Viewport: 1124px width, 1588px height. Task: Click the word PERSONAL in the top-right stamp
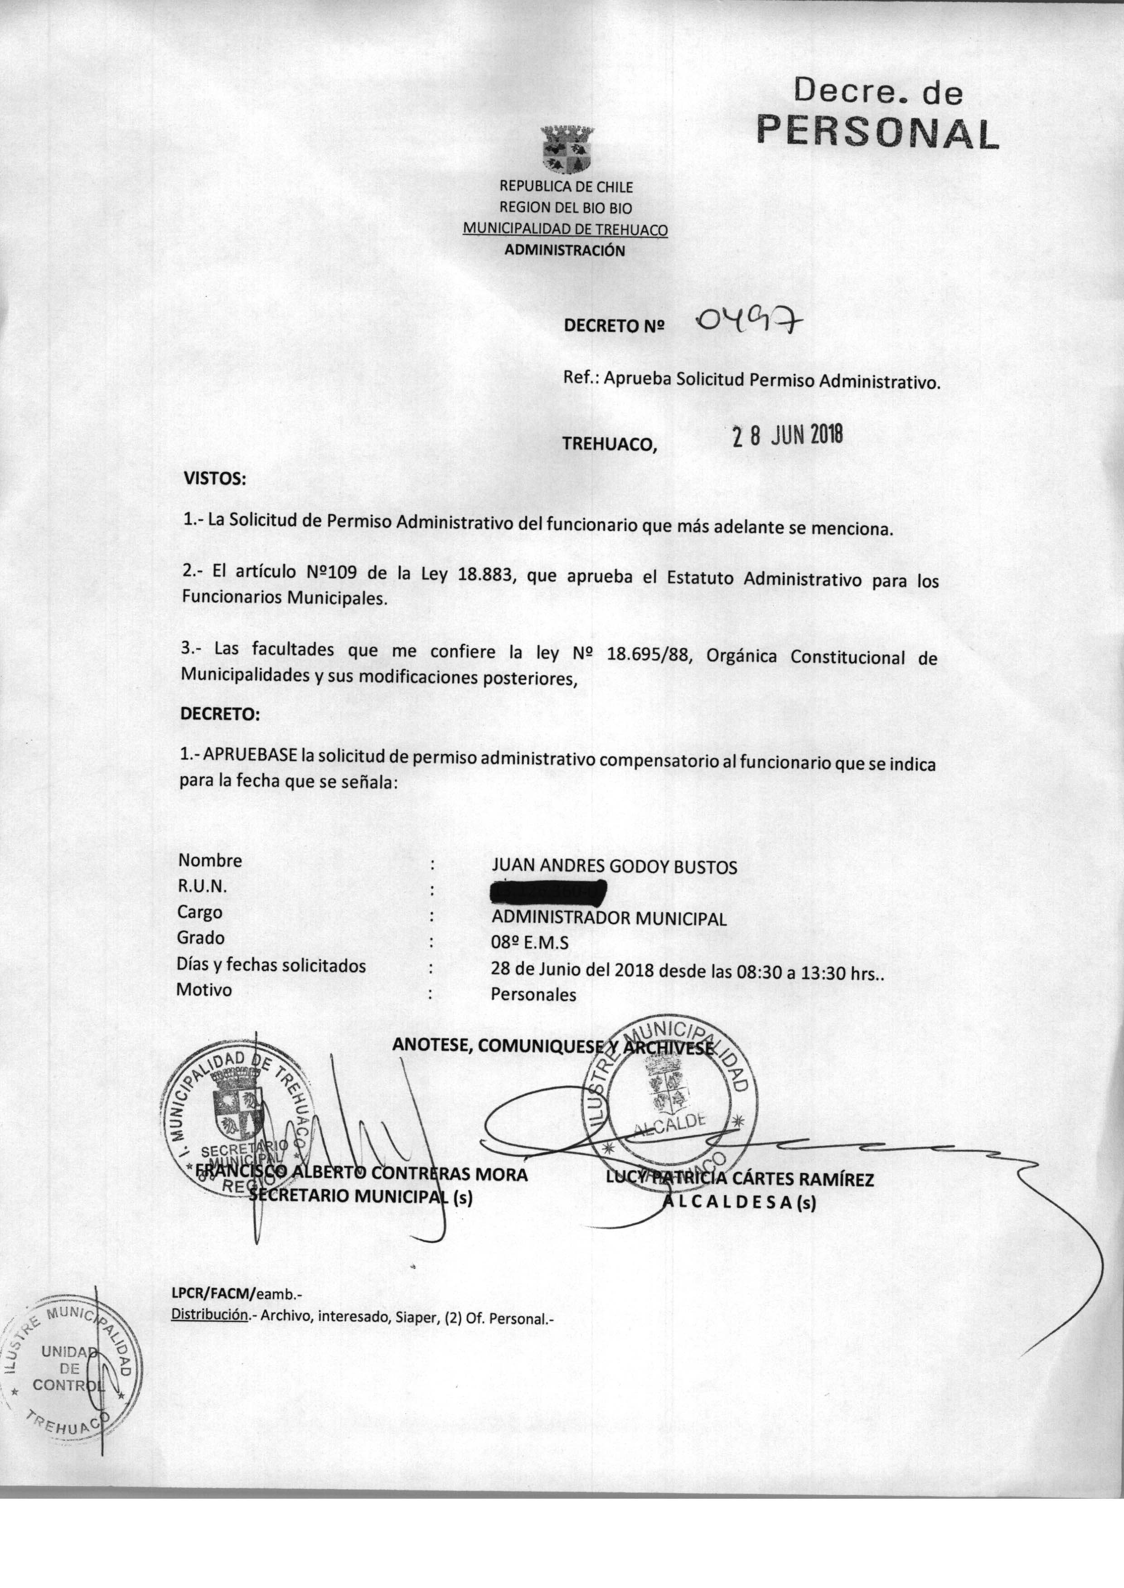pyautogui.click(x=877, y=131)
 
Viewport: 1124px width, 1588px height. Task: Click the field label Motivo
pyautogui.click(x=204, y=989)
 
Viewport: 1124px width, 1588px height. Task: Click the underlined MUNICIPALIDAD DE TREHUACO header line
pyautogui.click(x=565, y=228)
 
